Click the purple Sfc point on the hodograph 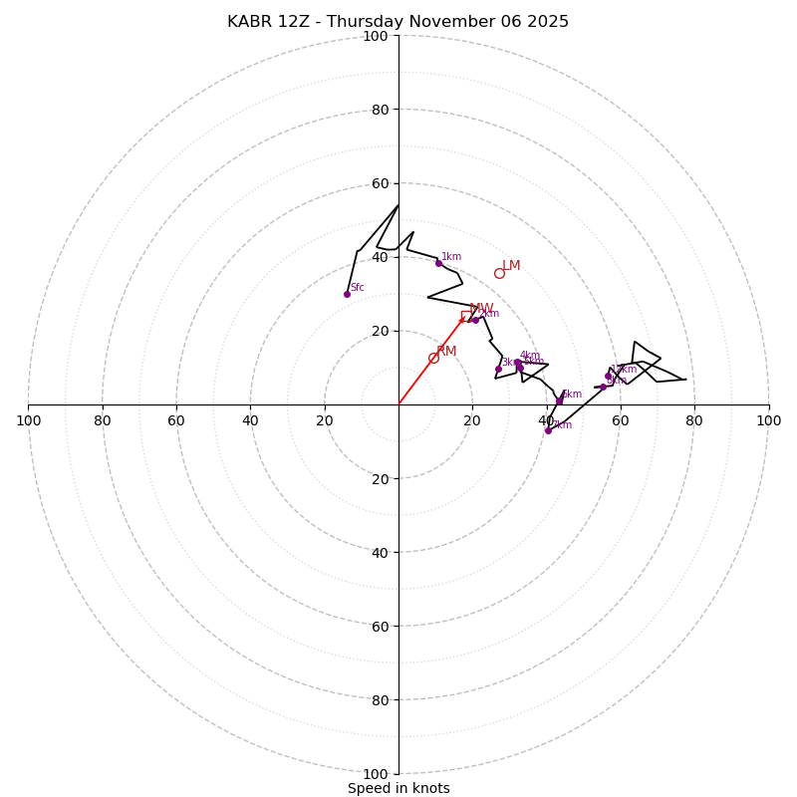click(x=347, y=294)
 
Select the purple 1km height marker click(x=438, y=263)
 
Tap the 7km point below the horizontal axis click(x=548, y=430)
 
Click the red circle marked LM click(x=499, y=273)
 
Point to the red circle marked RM click(x=433, y=358)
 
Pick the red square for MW click(x=465, y=316)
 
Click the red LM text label click(x=511, y=266)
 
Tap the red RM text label click(x=446, y=352)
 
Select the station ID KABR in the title click(x=248, y=22)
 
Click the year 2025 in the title click(x=547, y=22)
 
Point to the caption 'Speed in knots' click(x=398, y=788)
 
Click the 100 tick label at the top click(x=376, y=36)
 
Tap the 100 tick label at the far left click(x=28, y=420)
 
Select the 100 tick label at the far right click(x=768, y=420)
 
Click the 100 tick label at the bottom click(x=376, y=773)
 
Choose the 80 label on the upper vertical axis click(x=379, y=110)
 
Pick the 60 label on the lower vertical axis click(x=379, y=626)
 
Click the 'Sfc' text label click(x=357, y=288)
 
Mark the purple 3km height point click(x=498, y=369)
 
